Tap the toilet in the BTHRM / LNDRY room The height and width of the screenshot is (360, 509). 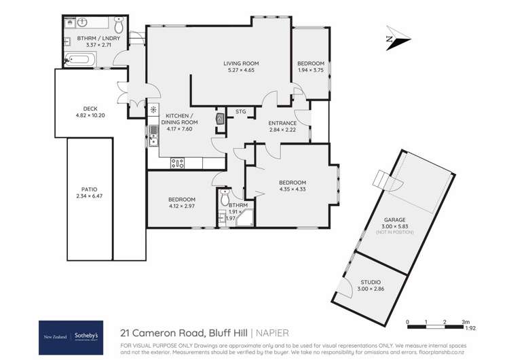tap(119, 26)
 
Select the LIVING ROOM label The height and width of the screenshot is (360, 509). tap(242, 64)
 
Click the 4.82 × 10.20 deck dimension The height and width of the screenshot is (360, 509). tap(92, 115)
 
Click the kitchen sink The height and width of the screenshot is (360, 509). tap(154, 136)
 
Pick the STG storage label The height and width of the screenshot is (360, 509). tap(240, 111)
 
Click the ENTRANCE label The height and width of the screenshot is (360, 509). tap(283, 122)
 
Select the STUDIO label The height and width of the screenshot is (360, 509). tap(371, 281)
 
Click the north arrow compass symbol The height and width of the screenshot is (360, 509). tap(392, 39)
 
